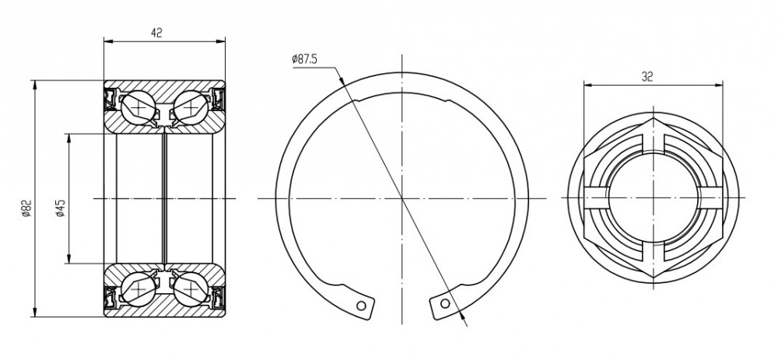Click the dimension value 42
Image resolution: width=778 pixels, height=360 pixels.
[x=157, y=33]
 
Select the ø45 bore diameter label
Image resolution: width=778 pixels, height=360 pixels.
[x=60, y=208]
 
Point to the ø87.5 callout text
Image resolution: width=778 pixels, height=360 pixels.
[x=305, y=59]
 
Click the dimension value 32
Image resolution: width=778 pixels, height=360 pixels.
[x=647, y=76]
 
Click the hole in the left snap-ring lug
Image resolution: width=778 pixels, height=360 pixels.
[x=362, y=305]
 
